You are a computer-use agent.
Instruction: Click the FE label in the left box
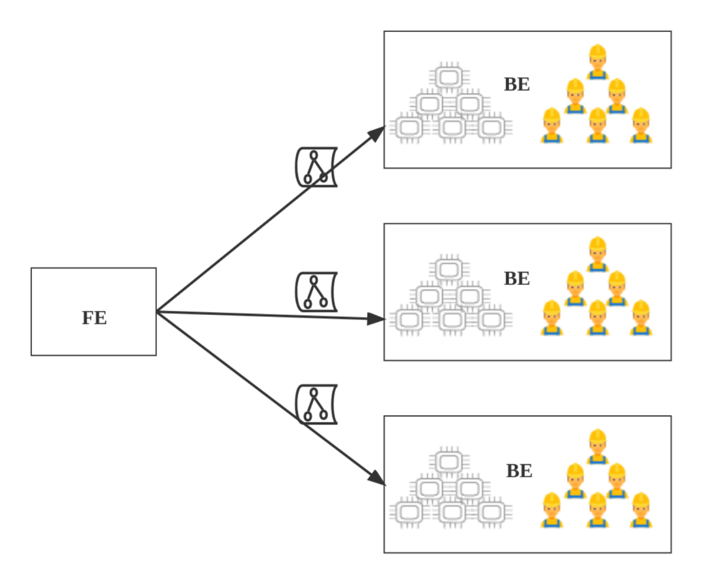(x=94, y=318)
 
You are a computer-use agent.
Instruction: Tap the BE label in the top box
(x=517, y=85)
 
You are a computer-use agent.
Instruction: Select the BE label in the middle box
(x=517, y=279)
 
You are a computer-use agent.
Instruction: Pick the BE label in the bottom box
(x=519, y=470)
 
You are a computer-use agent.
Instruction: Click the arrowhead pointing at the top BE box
(x=377, y=134)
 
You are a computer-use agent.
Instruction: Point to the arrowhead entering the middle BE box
(x=377, y=319)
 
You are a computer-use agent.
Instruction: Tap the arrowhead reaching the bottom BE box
(x=377, y=478)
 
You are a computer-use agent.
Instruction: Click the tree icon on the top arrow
(x=317, y=167)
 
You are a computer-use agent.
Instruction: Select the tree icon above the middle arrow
(x=317, y=292)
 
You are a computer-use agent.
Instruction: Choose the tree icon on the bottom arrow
(x=317, y=404)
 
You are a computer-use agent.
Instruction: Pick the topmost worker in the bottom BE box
(x=598, y=446)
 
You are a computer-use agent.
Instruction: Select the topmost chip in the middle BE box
(x=448, y=269)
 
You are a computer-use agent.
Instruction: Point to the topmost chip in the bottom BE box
(x=448, y=462)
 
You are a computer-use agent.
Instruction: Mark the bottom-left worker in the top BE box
(x=551, y=126)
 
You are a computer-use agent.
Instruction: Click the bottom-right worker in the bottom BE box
(x=641, y=510)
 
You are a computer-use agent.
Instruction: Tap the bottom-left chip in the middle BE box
(x=409, y=320)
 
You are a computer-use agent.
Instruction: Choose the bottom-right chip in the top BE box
(x=491, y=128)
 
